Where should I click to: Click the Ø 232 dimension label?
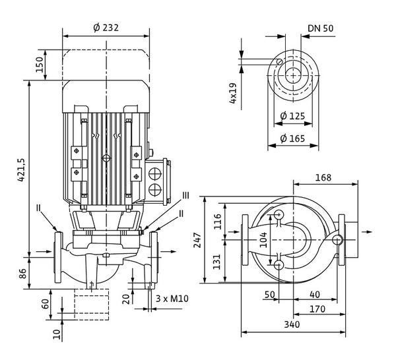point(106,28)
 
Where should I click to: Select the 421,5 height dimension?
point(21,170)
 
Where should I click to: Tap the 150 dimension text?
point(40,65)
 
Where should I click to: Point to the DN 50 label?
point(321,28)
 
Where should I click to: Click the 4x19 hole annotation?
point(233,93)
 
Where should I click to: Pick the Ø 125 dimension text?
point(292,116)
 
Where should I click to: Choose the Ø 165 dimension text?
point(292,138)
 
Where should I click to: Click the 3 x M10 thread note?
point(172,299)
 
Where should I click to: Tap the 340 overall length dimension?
point(292,324)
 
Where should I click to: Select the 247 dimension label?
point(197,241)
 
